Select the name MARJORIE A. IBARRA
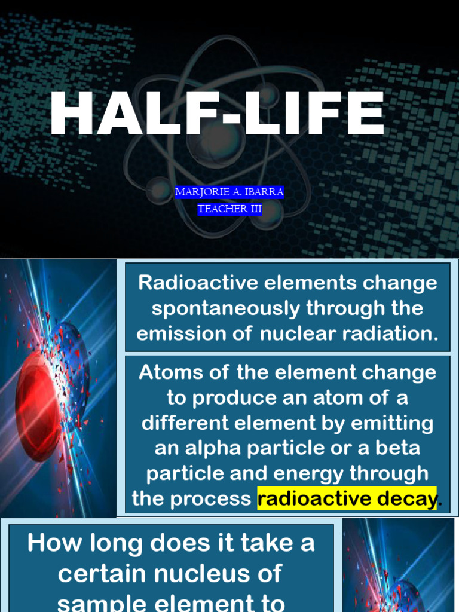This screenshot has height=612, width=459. click(x=229, y=192)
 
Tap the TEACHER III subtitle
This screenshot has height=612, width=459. click(x=229, y=209)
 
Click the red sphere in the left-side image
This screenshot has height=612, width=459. click(x=39, y=406)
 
